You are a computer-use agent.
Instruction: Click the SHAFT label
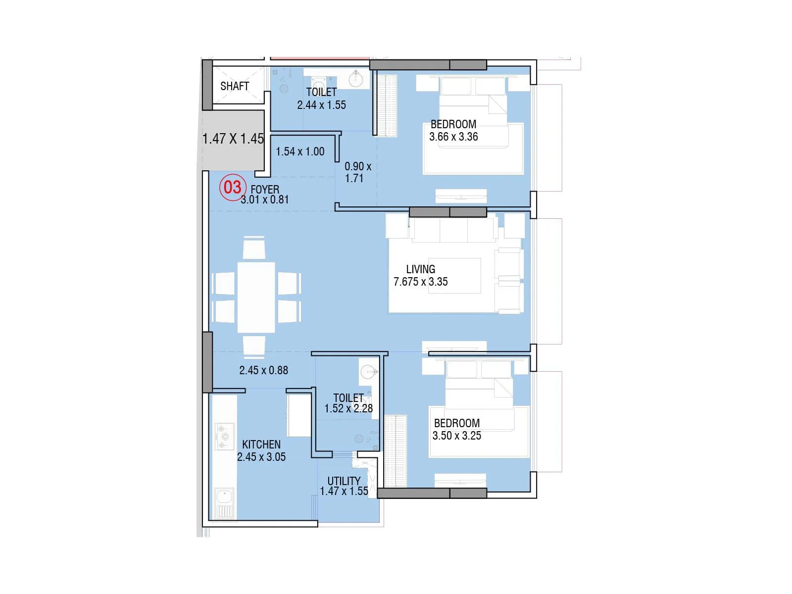click(x=234, y=86)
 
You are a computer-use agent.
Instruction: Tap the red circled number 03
click(x=233, y=187)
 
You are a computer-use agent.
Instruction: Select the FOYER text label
click(x=265, y=189)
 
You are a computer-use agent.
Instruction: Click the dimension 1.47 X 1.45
click(x=233, y=139)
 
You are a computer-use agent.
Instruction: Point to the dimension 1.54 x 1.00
click(x=300, y=151)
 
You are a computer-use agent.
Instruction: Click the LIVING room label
click(x=420, y=269)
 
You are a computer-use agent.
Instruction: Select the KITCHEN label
click(x=261, y=445)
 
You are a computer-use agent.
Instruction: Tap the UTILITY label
click(x=344, y=481)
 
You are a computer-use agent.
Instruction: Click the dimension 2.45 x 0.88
click(x=263, y=370)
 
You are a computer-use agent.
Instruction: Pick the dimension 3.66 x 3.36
click(x=453, y=137)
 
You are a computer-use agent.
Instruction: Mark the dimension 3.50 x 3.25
click(x=456, y=436)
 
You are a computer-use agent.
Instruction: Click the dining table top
click(x=256, y=297)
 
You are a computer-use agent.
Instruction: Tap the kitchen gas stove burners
click(x=224, y=436)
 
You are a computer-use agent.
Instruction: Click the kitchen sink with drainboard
click(x=225, y=503)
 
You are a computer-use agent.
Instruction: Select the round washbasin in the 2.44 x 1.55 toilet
click(x=355, y=79)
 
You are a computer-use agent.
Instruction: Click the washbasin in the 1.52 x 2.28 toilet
click(x=368, y=371)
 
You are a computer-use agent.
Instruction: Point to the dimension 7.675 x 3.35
click(x=420, y=282)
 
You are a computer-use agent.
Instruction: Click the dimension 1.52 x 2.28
click(x=348, y=408)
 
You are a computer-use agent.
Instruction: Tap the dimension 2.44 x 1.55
click(x=321, y=105)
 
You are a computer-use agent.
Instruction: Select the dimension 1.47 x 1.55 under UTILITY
click(x=344, y=491)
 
